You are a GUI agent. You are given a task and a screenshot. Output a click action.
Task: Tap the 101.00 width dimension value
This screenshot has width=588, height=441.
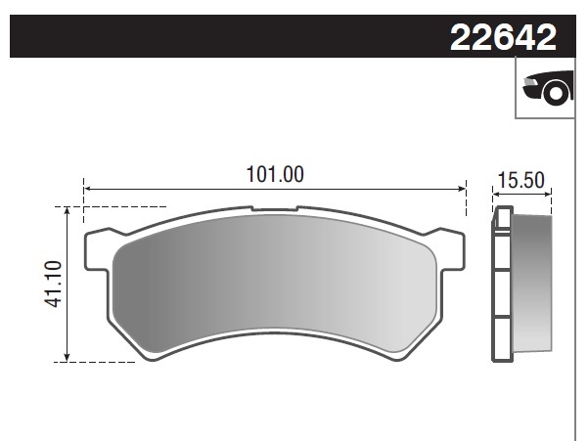tap(274, 175)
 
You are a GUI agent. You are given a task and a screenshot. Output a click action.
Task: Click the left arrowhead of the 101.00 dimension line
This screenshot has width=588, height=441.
tap(87, 189)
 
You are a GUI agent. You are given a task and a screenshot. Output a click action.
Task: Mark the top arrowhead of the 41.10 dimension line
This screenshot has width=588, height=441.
tap(67, 211)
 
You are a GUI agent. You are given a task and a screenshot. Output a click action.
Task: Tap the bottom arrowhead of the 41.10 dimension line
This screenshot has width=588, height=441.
tap(67, 357)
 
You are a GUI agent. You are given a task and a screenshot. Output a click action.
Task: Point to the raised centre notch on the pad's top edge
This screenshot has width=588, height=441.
tap(275, 208)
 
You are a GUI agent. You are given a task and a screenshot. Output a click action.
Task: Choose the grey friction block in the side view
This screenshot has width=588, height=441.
tap(531, 284)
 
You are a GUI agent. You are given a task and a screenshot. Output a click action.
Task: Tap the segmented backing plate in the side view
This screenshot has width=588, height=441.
tap(501, 284)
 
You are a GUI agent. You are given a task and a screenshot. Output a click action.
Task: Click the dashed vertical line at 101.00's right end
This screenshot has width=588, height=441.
tap(467, 200)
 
